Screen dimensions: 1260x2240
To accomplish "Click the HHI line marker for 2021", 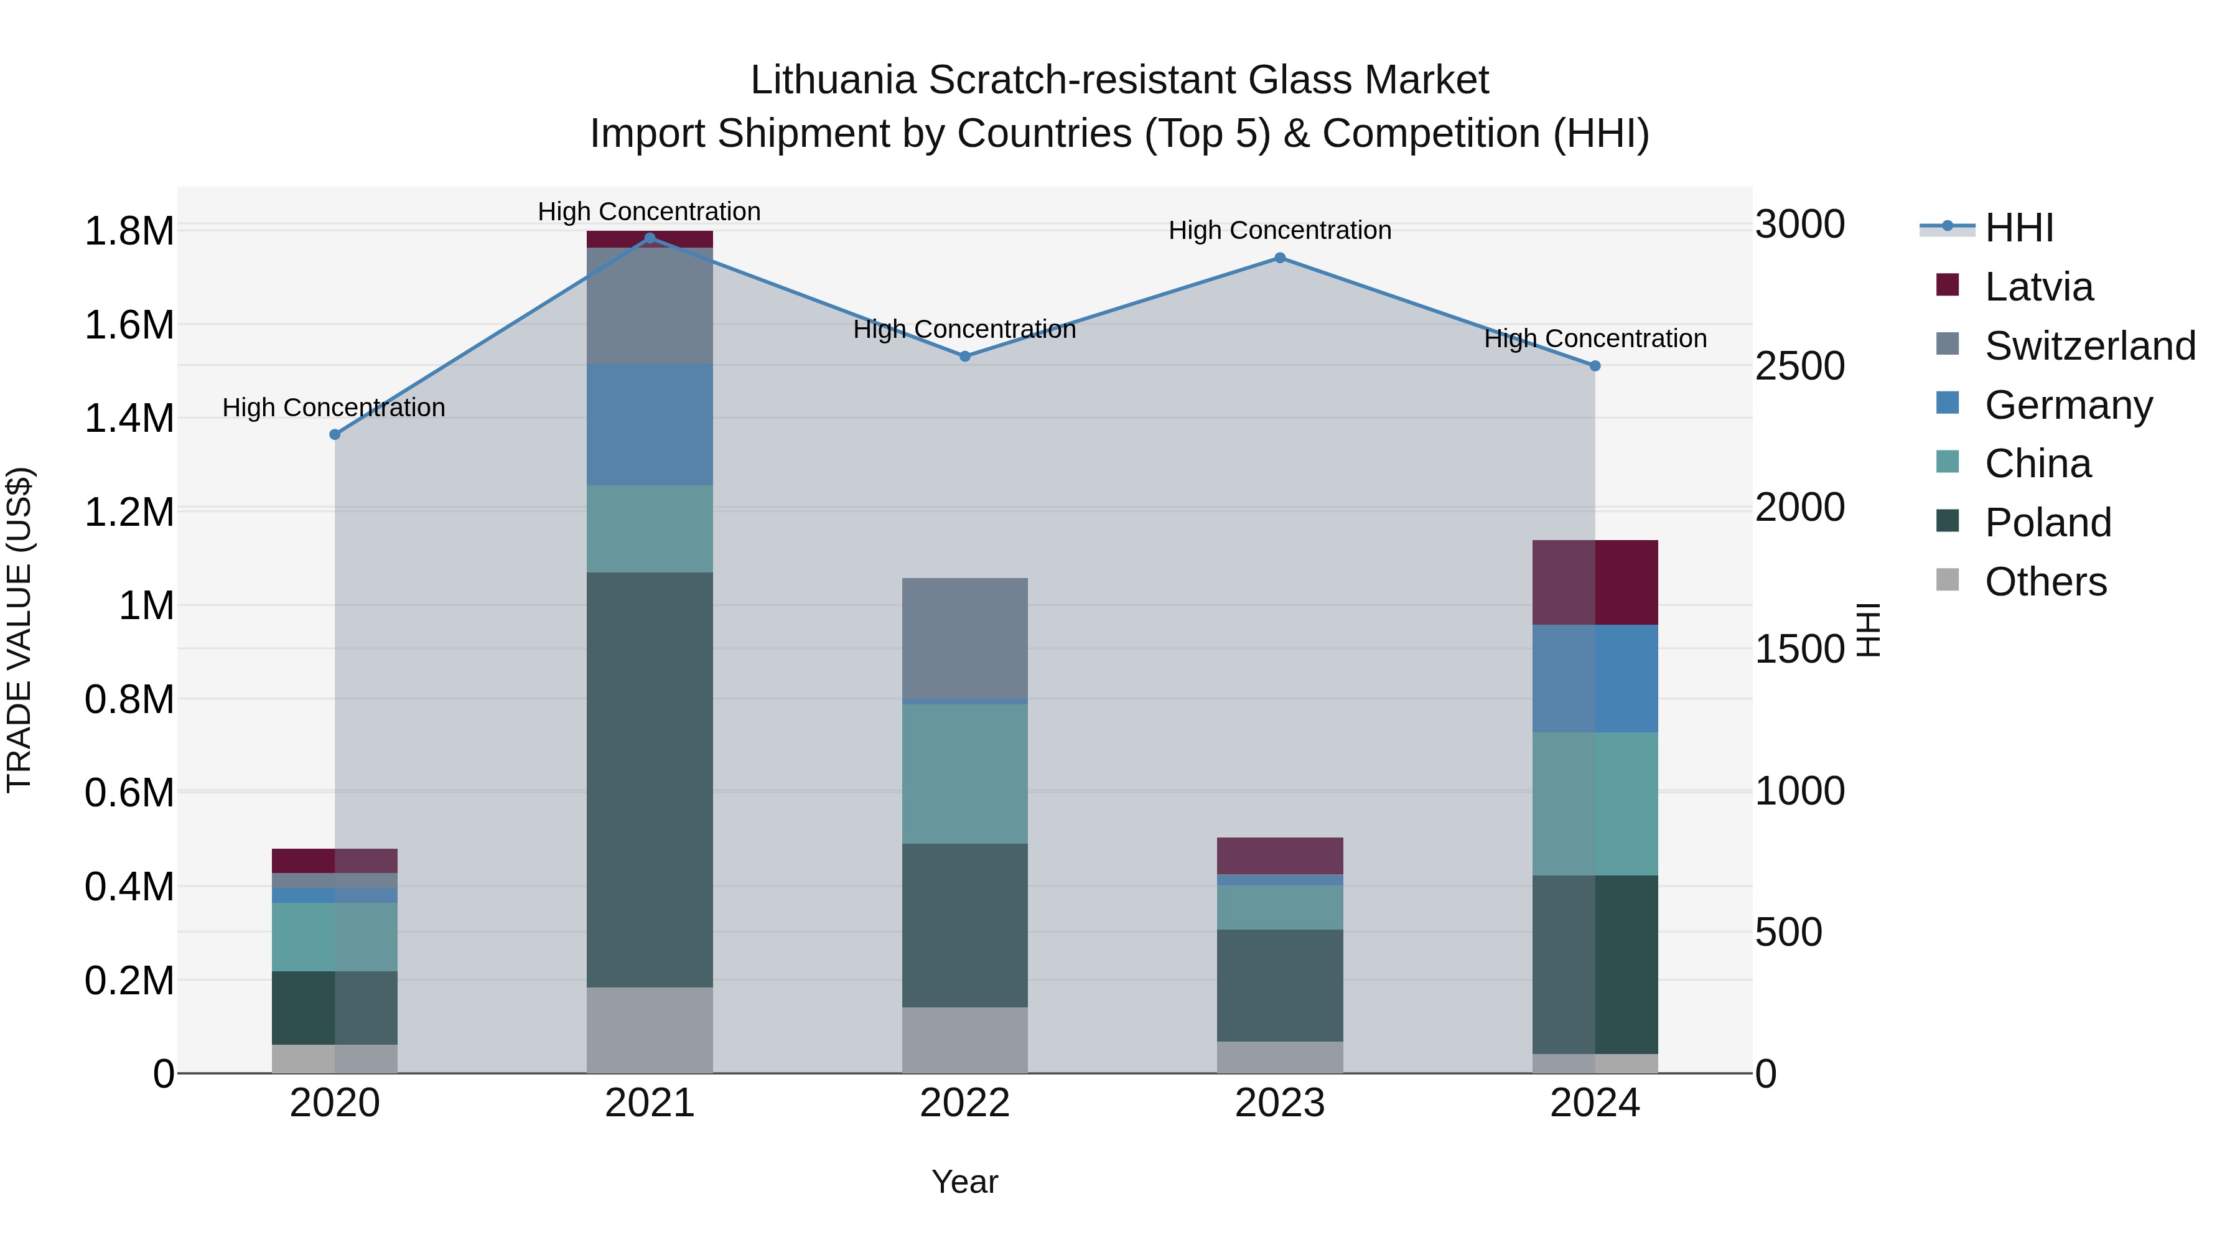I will tap(650, 238).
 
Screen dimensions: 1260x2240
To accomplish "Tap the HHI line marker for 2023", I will tap(1279, 258).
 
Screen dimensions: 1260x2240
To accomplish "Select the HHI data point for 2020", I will tap(335, 434).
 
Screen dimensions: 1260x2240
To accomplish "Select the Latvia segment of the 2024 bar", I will tap(1594, 582).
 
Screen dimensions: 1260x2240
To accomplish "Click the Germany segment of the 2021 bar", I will tap(650, 424).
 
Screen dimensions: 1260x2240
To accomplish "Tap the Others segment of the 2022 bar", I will tap(964, 1039).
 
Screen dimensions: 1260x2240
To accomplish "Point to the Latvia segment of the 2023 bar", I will tap(1279, 855).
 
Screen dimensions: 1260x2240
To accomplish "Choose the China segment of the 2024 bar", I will tap(1594, 803).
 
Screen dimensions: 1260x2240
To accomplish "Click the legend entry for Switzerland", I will tap(2089, 345).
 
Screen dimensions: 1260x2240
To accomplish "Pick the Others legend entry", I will tap(2045, 581).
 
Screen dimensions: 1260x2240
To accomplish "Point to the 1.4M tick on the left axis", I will tap(129, 418).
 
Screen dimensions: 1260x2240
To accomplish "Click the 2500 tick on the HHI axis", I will tap(1799, 366).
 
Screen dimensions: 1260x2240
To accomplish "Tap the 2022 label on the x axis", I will tap(964, 1103).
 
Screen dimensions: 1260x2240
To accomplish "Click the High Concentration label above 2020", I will tap(334, 407).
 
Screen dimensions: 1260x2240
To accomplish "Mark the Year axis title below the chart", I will tap(964, 1182).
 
